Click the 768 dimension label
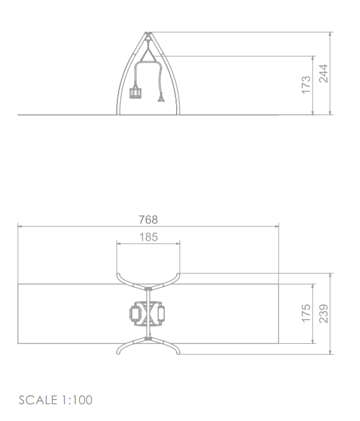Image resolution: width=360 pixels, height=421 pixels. point(149,220)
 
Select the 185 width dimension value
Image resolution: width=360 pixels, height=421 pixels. point(149,237)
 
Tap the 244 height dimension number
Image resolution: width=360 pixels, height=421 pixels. point(323,73)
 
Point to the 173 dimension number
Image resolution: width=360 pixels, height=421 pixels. point(306,85)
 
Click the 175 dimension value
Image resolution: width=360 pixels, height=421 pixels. point(306,313)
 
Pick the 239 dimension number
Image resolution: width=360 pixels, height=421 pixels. point(323,313)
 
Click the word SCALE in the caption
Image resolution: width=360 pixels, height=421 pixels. point(38,400)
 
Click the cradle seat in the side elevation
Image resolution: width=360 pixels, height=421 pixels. point(135,92)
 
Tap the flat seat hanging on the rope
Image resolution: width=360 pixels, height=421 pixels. point(161,100)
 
